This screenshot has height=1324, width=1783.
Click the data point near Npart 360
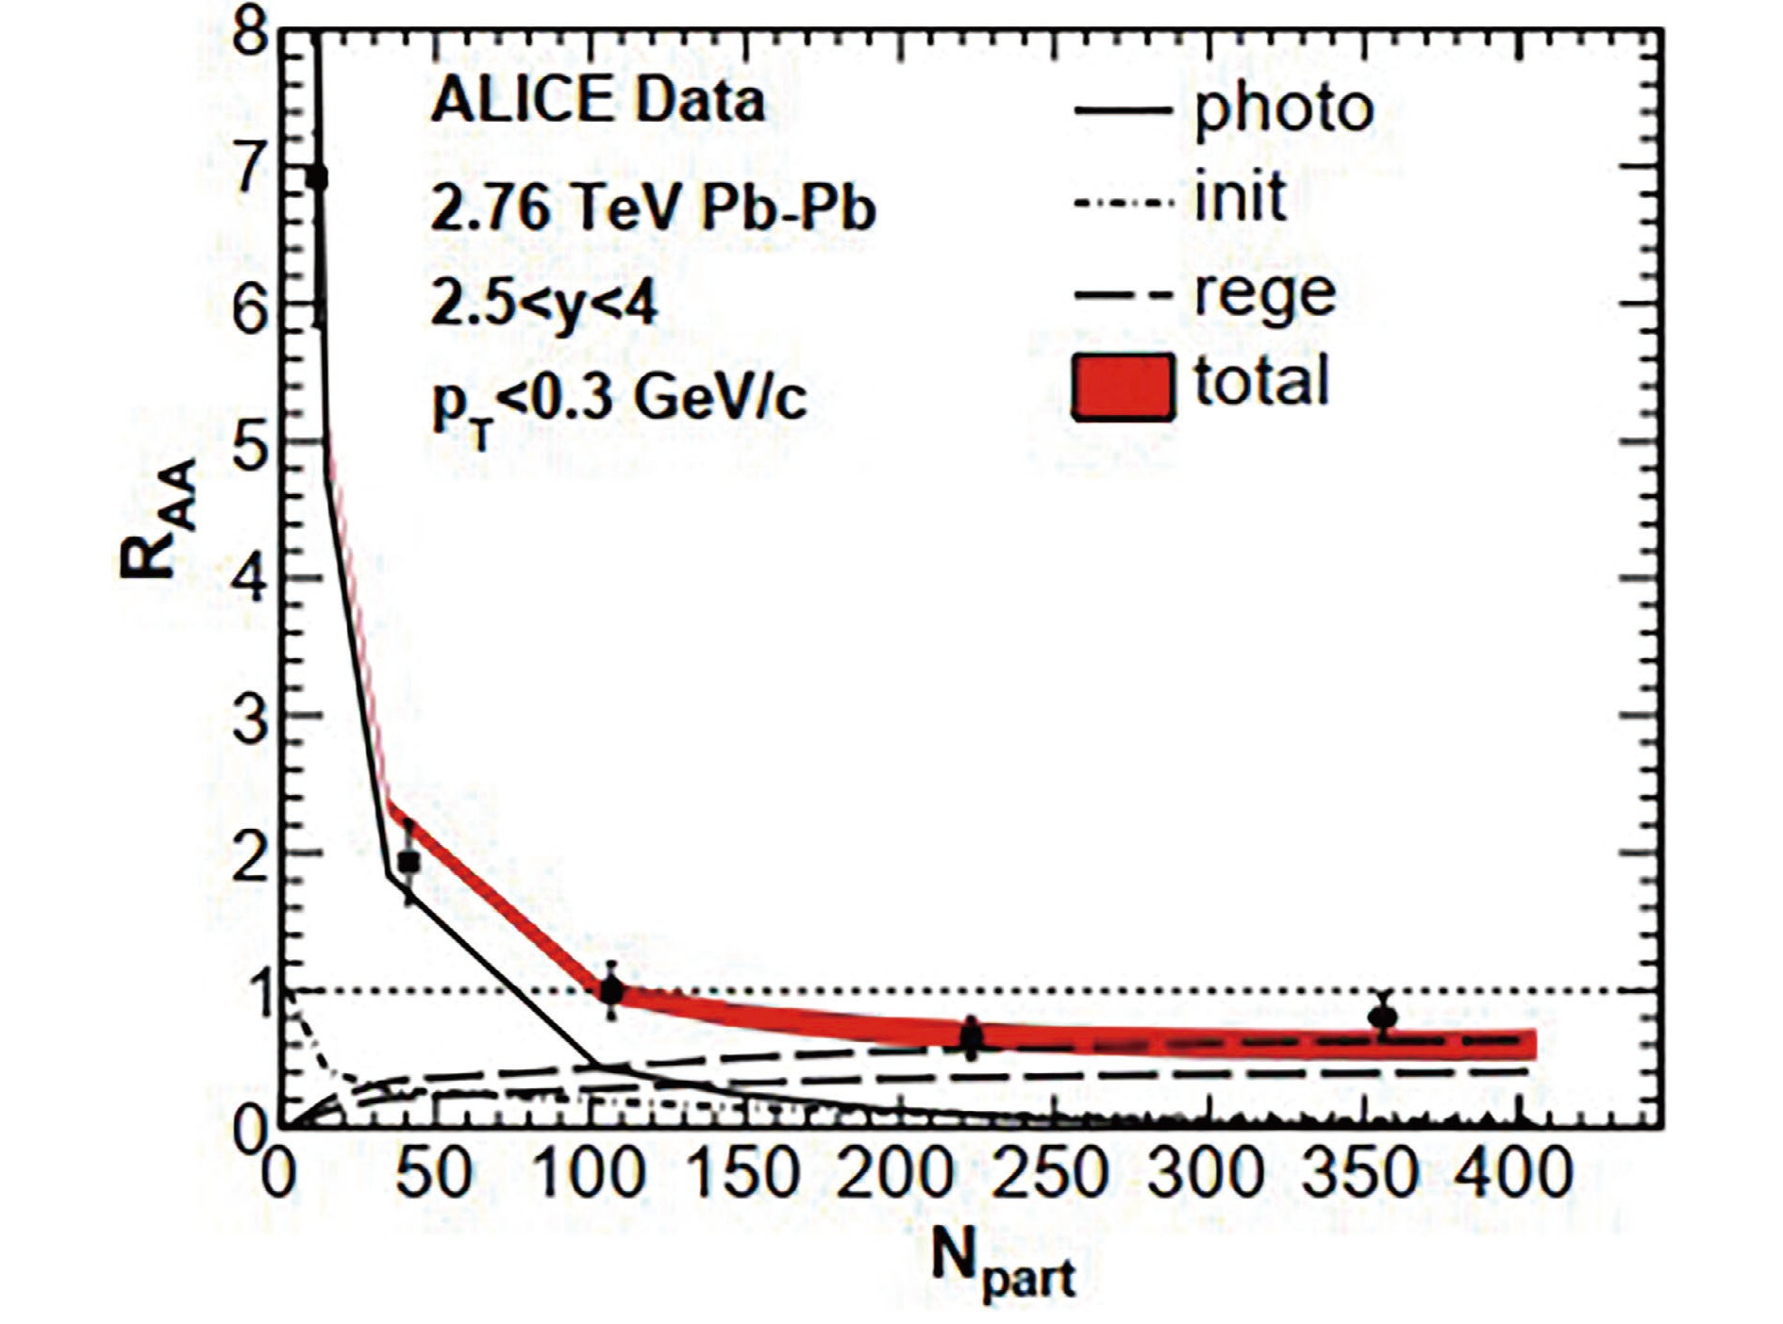(1383, 1018)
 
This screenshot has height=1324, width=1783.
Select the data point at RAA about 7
(318, 177)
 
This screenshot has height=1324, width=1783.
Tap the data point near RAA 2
(408, 861)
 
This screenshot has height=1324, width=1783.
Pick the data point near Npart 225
(971, 1038)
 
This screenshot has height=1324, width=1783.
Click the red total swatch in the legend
(1123, 387)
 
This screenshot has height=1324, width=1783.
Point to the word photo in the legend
(1283, 109)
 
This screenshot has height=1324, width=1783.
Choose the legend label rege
(1264, 293)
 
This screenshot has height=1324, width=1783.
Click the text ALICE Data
(597, 101)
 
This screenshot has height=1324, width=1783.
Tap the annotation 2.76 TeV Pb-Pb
(653, 208)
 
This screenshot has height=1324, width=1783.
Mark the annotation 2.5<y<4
(543, 304)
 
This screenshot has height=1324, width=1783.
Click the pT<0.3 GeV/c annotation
(619, 402)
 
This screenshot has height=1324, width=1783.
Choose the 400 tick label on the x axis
(1513, 1174)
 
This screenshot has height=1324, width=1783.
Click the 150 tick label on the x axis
(743, 1174)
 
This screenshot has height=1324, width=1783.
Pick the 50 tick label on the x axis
(433, 1174)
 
